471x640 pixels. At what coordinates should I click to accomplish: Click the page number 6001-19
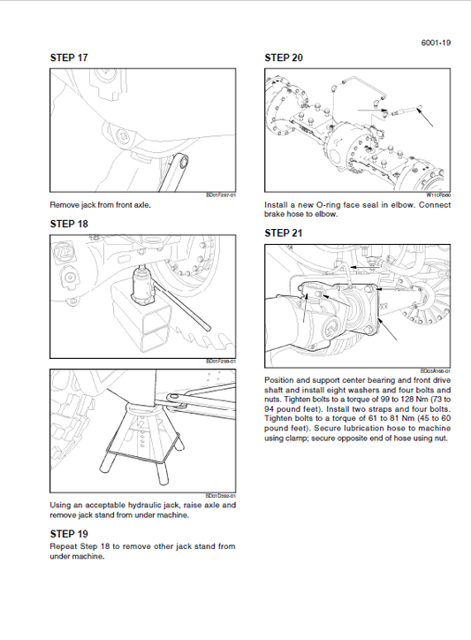[436, 41]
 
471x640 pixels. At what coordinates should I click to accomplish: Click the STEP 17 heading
[70, 58]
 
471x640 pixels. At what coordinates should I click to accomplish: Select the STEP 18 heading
[70, 224]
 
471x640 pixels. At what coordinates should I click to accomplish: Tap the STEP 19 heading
[70, 534]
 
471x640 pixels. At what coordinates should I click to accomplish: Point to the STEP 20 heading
[284, 58]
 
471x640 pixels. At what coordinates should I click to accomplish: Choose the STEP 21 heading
[284, 233]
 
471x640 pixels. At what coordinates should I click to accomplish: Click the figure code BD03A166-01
[435, 372]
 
